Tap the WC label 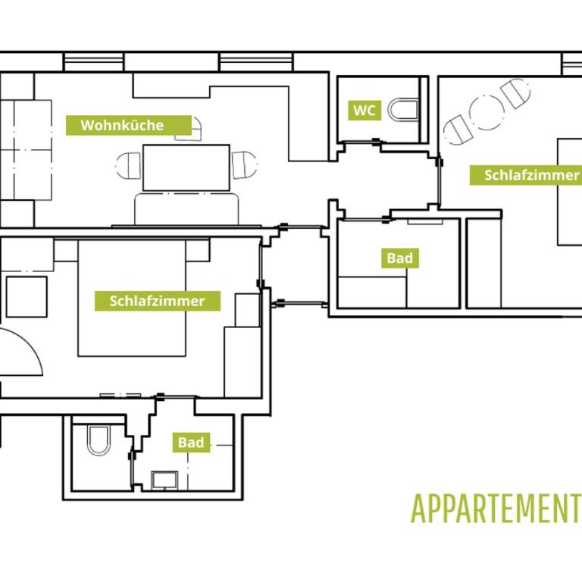point(365,110)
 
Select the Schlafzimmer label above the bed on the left point(158,301)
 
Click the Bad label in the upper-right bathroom point(400,258)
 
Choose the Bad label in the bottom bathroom point(191,442)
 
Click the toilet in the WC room point(402,109)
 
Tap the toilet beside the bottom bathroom point(99,440)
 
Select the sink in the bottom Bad point(164,480)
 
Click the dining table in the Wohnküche point(186,167)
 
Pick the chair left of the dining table point(128,165)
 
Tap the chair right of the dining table point(245,164)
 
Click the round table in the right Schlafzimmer point(487,112)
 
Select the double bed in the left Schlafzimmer point(132,298)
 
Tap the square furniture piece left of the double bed point(27,297)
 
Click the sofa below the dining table point(186,209)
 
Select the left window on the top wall point(93,61)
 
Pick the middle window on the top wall point(256,61)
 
